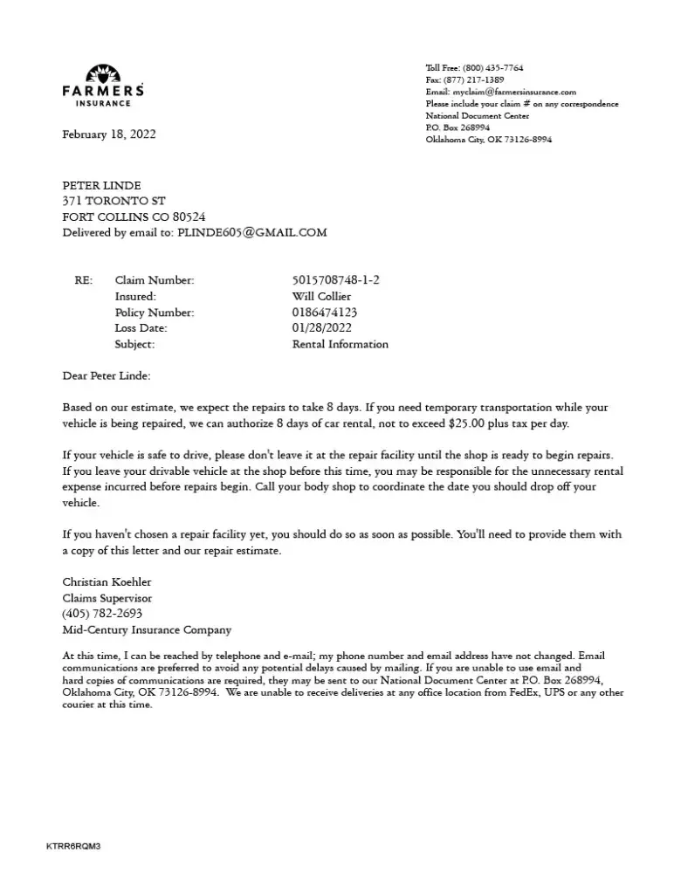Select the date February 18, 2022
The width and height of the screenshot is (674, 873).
[x=109, y=134]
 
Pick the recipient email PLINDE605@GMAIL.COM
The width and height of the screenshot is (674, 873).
[x=252, y=233]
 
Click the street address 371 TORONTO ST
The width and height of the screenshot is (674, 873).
[x=113, y=201]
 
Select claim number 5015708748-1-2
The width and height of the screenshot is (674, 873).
[x=336, y=280]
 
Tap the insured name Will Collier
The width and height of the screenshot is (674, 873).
[x=321, y=296]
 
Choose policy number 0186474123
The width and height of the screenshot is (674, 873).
[x=325, y=313]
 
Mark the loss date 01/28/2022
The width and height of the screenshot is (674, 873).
[x=322, y=328]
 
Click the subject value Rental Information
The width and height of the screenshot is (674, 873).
[x=340, y=344]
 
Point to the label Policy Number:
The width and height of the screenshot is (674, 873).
[x=155, y=313]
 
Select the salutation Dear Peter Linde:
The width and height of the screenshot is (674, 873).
[x=107, y=376]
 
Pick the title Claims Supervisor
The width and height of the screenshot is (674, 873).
[x=107, y=598]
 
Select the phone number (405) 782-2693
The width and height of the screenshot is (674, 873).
[x=102, y=614]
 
